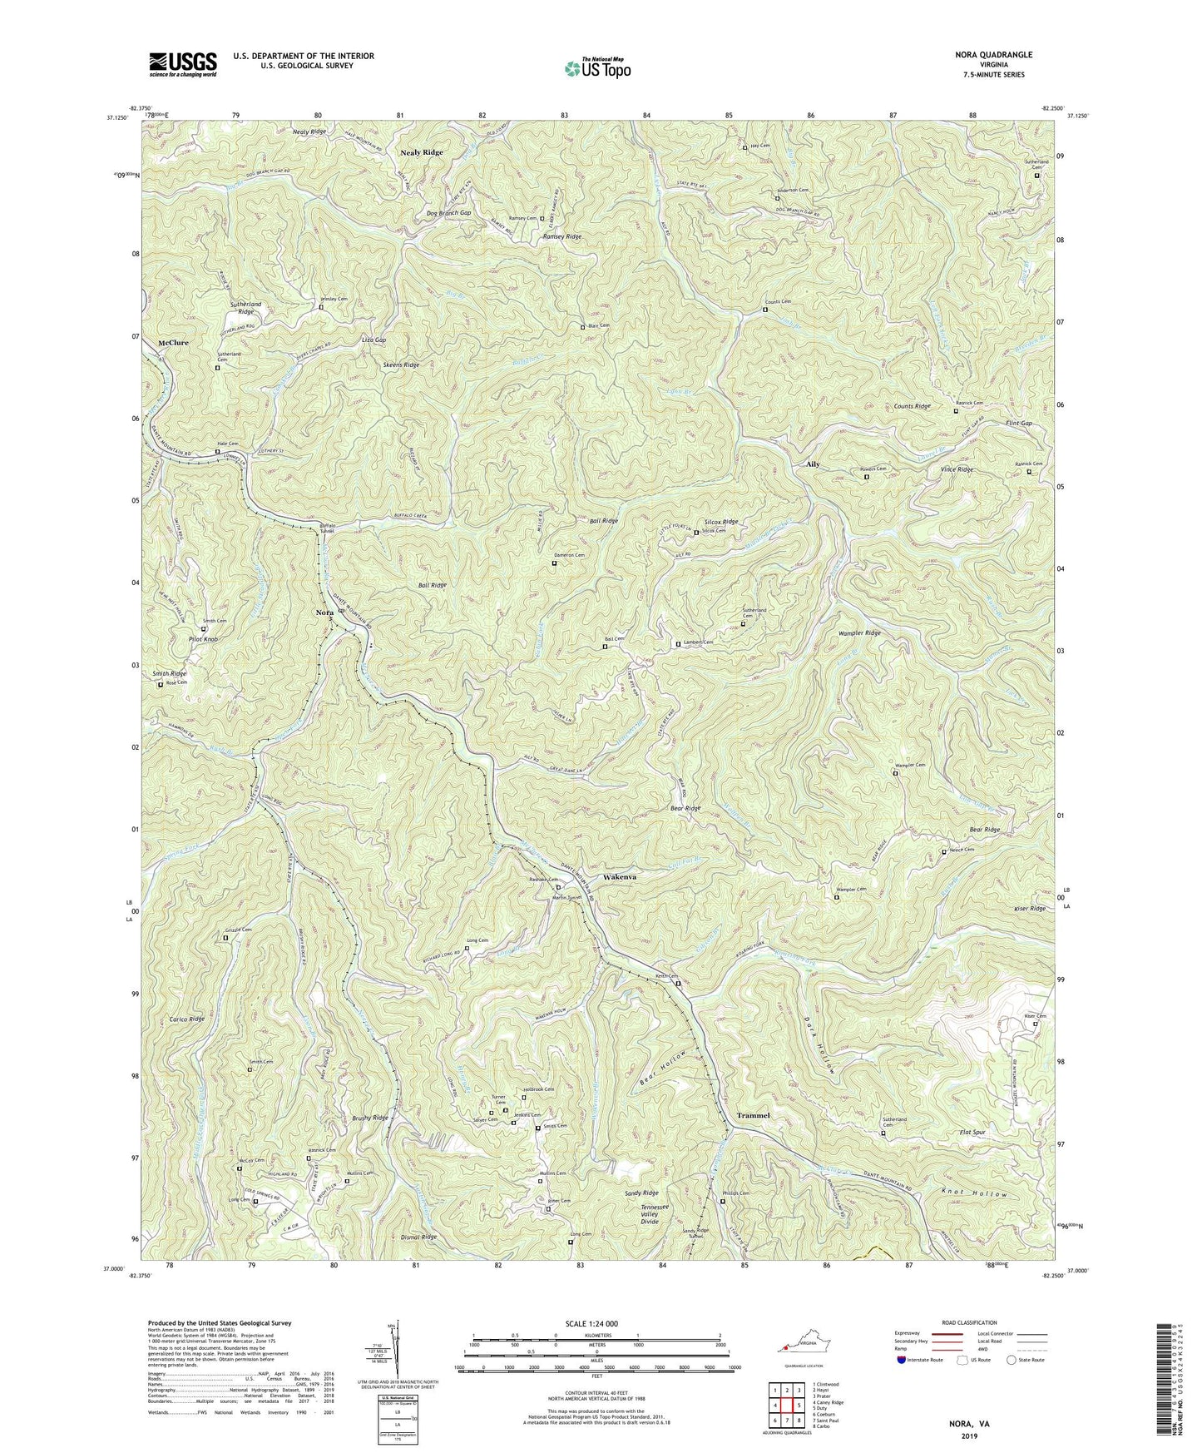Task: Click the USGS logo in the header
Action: point(183,63)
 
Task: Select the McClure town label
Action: point(173,343)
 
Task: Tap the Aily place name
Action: point(813,464)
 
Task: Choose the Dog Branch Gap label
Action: point(448,213)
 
